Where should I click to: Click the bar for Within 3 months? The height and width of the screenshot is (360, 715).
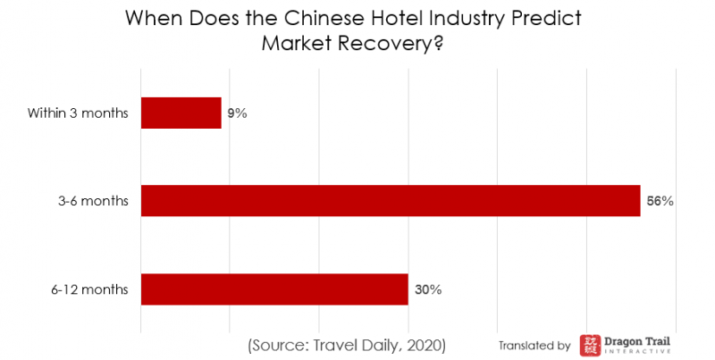pos(181,113)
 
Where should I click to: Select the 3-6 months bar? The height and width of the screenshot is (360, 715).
pos(391,201)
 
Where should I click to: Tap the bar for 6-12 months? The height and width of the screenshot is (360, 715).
pos(274,289)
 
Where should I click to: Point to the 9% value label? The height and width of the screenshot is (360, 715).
pos(237,113)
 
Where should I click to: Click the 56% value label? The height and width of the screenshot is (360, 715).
pos(660,201)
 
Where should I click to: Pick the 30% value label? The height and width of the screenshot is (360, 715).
pos(427,289)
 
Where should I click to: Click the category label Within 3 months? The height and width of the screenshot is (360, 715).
pos(78,113)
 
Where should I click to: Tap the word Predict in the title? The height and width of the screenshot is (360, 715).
pos(555,19)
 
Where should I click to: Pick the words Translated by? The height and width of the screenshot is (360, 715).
pos(534,345)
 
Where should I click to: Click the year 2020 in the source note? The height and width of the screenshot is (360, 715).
pos(423,345)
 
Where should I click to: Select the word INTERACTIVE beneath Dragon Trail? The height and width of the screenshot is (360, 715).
pos(638,352)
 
